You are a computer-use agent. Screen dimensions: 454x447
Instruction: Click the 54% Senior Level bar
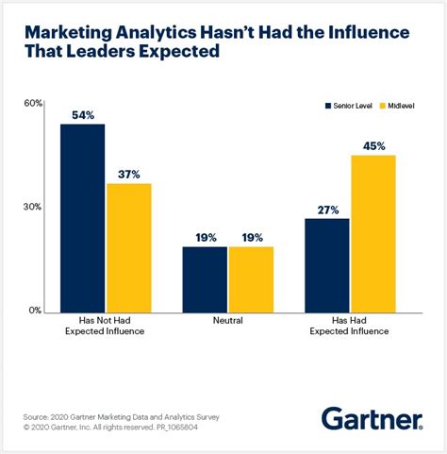coord(83,217)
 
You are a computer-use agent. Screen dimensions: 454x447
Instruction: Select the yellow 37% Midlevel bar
coord(128,246)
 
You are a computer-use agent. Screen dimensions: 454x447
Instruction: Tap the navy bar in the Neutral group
coord(205,278)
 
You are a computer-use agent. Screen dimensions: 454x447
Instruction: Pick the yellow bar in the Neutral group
coord(251,278)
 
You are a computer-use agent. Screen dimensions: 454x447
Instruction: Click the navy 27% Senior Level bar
coord(327,264)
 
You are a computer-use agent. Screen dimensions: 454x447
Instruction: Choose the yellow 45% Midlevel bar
coord(373,232)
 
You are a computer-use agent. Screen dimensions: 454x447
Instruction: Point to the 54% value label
coord(83,115)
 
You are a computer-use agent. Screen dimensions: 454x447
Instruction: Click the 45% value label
coord(373,145)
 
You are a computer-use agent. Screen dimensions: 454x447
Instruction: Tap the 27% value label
coord(327,210)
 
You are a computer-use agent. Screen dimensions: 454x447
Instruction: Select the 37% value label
coord(129,175)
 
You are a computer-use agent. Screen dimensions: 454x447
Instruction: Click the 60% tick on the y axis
coord(33,103)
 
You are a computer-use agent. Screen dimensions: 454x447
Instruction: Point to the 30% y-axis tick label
coord(33,207)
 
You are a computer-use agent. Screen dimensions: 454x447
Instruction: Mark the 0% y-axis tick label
coord(36,311)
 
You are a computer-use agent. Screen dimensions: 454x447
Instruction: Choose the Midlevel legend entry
coord(399,106)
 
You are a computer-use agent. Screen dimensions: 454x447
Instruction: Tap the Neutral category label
coord(227,321)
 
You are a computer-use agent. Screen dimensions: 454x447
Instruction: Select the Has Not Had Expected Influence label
coord(105,327)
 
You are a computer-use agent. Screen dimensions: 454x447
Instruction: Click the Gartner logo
coord(374,417)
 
